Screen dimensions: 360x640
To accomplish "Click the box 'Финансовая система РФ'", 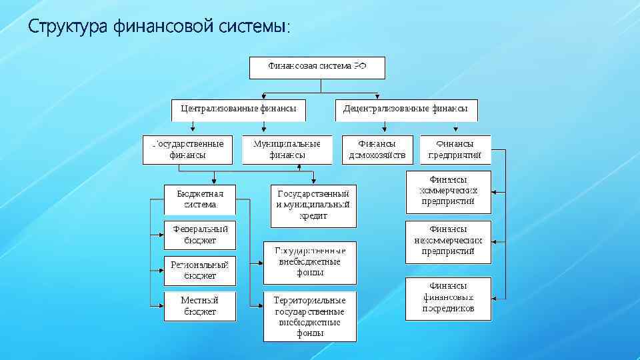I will [317, 67].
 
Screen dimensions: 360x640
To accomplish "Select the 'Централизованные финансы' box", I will [239, 109].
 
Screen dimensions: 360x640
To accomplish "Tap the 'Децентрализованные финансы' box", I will [406, 109].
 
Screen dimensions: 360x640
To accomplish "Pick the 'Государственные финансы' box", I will [188, 149].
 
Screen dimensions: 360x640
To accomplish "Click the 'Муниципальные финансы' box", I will [287, 149].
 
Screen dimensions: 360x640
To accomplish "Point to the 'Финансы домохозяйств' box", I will [377, 149].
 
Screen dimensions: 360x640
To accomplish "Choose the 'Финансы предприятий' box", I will [455, 149].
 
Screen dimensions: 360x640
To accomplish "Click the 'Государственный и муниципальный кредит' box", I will [313, 205].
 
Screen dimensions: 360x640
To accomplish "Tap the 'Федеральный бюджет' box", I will [200, 235].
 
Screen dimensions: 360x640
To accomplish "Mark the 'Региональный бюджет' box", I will [200, 270].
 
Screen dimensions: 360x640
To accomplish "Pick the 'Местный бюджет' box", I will [200, 305].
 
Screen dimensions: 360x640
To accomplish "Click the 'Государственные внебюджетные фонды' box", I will [309, 261].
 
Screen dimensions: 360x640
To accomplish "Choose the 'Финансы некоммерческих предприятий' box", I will [448, 241].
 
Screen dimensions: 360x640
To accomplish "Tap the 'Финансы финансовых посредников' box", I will [448, 298].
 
